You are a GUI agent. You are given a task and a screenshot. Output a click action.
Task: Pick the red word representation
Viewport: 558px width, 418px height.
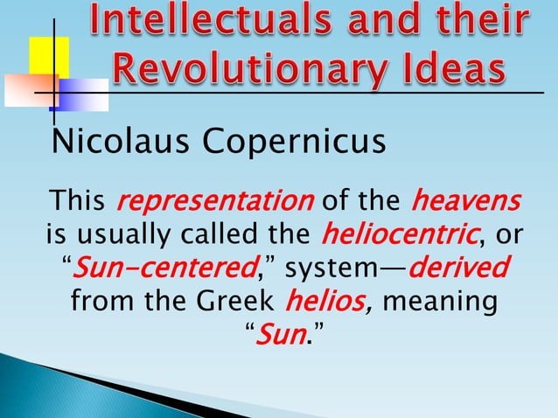point(214,203)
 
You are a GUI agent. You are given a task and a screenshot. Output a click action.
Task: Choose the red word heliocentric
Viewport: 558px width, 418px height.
point(393,234)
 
